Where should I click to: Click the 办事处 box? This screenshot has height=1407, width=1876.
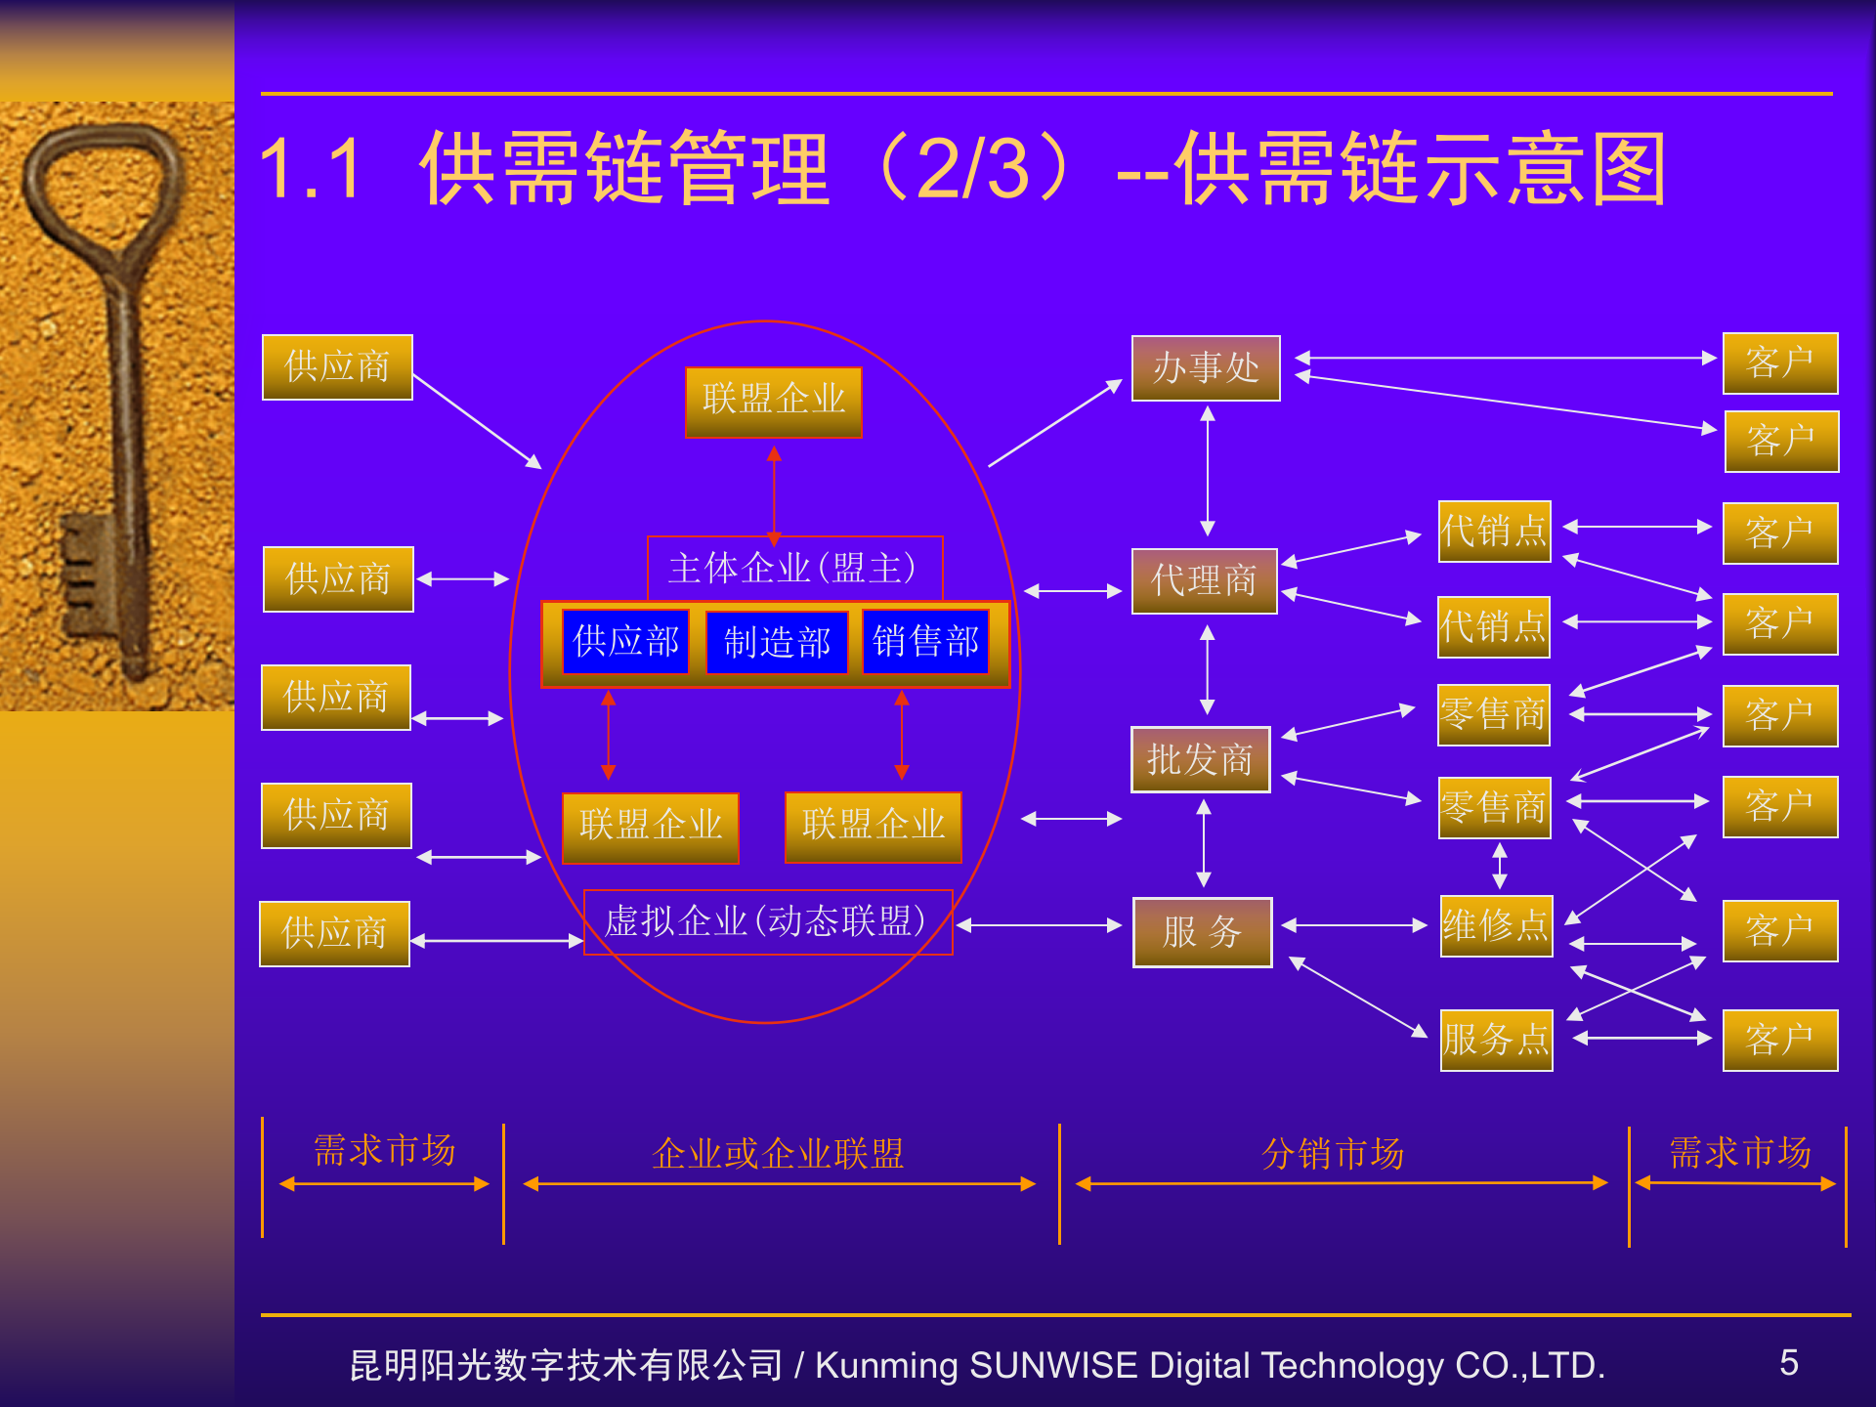[1206, 368]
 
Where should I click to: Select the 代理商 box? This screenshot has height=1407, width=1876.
[1204, 581]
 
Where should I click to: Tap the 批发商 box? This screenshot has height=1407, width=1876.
[1200, 759]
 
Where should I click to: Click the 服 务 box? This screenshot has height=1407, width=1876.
[1202, 932]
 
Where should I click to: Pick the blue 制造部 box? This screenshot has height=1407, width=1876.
[777, 642]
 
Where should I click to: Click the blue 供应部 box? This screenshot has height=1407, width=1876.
[626, 642]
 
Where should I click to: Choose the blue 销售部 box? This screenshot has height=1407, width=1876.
[925, 642]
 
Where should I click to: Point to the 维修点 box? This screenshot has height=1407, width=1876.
[1496, 925]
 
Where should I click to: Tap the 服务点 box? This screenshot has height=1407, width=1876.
[1496, 1040]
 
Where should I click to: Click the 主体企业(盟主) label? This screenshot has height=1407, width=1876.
[793, 568]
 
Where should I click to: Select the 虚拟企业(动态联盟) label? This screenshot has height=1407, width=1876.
[767, 921]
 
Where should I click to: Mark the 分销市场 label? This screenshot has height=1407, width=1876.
[1333, 1154]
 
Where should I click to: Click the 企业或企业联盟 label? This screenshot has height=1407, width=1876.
[778, 1154]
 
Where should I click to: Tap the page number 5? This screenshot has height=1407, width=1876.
[1788, 1363]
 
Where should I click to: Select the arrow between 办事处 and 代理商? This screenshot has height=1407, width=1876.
[1208, 471]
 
